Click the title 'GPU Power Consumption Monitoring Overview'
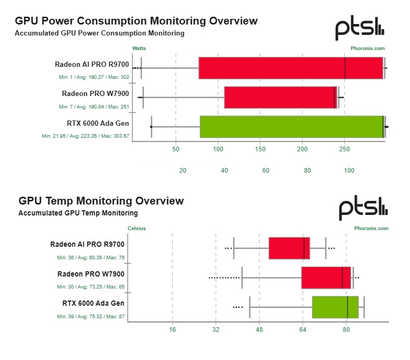(136, 21)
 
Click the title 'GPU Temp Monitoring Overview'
(101, 201)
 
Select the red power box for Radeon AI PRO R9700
(291, 68)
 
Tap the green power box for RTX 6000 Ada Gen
(292, 127)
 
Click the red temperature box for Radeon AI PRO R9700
(289, 248)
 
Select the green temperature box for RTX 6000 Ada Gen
(335, 307)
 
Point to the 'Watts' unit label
(139, 48)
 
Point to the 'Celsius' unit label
(137, 228)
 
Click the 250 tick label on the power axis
(344, 149)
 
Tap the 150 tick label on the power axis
(260, 149)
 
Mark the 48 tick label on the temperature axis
(259, 330)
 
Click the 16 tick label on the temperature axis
(173, 330)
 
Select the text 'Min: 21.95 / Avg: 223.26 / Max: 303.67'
(86, 136)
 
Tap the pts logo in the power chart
(359, 30)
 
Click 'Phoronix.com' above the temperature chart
(371, 228)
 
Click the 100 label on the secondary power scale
(349, 170)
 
